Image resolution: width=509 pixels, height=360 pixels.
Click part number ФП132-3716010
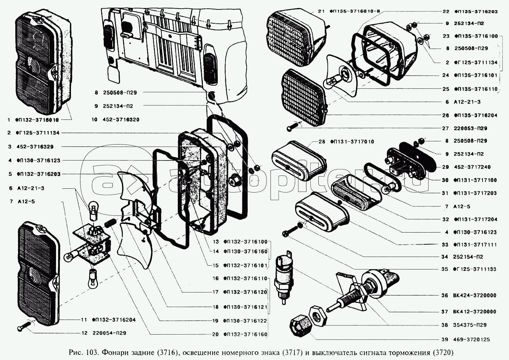37,120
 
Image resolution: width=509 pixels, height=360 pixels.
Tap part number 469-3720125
472,340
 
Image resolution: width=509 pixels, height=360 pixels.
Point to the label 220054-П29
109,333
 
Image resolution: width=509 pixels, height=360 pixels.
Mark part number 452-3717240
472,167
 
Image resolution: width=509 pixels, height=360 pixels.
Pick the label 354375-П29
470,325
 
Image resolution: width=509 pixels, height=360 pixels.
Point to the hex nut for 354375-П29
318,316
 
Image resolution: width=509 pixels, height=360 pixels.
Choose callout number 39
445,340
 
